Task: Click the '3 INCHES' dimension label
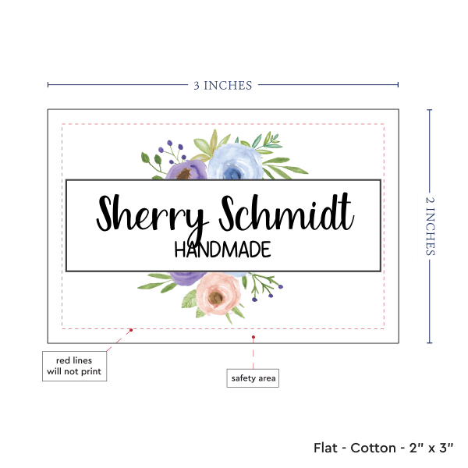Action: coord(223,85)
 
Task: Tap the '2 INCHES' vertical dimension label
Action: coord(431,225)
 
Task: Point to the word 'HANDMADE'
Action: coord(222,250)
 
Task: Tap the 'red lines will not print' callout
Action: coord(73,366)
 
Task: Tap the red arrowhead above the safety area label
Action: coord(253,339)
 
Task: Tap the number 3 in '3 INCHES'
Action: coord(197,85)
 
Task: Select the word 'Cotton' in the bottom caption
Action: coord(372,448)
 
